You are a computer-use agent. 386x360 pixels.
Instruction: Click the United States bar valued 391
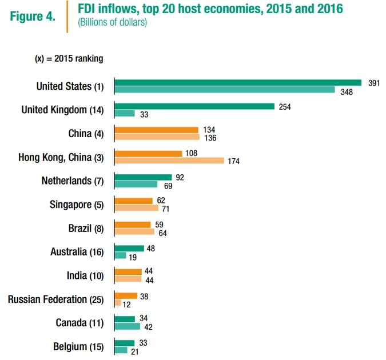(238, 82)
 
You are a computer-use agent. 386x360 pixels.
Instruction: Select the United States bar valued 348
(225, 90)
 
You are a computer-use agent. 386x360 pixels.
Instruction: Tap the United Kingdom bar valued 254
(194, 106)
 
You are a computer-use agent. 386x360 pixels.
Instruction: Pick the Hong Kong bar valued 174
(169, 161)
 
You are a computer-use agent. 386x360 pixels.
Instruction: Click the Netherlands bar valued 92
(143, 177)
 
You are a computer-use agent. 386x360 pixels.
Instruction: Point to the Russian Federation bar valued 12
(118, 303)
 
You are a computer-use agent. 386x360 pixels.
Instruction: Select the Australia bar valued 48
(129, 249)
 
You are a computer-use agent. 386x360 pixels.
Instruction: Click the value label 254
(285, 107)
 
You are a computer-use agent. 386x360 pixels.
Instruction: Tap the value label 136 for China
(209, 138)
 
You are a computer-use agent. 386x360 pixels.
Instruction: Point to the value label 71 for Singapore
(165, 209)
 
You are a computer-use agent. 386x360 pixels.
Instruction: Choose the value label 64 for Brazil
(161, 233)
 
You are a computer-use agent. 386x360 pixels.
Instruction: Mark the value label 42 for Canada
(148, 327)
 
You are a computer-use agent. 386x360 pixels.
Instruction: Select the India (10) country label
(85, 275)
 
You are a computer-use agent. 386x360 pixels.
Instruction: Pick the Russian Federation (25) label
(56, 299)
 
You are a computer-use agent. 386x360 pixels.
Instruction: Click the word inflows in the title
(117, 10)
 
